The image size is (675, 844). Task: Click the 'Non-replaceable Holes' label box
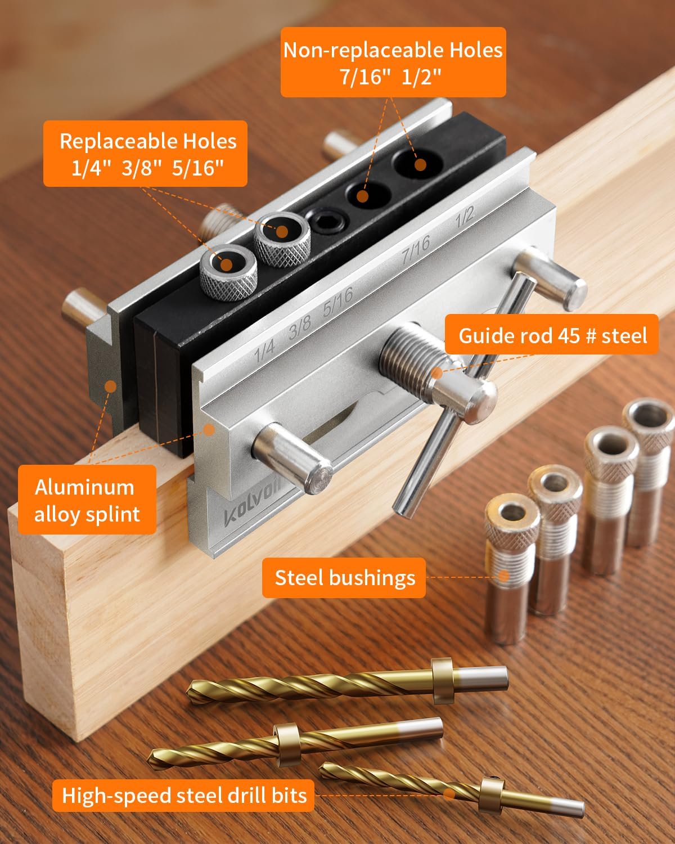tap(393, 63)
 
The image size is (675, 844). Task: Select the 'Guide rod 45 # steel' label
tap(552, 335)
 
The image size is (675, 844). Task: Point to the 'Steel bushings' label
tap(344, 577)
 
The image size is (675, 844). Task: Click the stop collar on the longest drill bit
tap(442, 681)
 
